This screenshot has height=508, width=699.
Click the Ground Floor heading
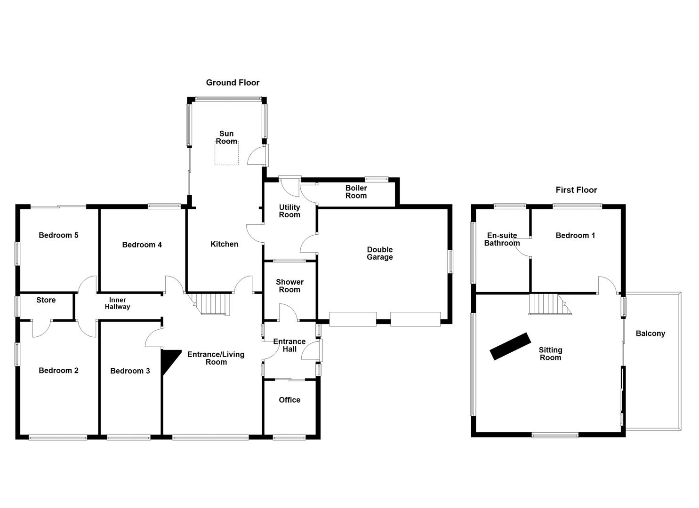point(233,83)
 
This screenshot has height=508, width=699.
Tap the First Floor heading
point(576,190)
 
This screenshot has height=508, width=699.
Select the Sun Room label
point(226,137)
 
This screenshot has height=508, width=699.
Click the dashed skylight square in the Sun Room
point(226,153)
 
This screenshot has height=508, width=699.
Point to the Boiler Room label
point(356,192)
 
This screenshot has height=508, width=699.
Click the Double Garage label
point(380,254)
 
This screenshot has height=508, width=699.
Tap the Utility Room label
point(289,211)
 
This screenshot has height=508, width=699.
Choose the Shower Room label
point(289,286)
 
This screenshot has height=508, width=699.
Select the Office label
point(289,400)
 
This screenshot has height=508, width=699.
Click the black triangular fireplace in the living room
point(169,359)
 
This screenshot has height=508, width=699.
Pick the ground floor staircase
point(214,304)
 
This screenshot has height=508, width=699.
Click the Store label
point(46,300)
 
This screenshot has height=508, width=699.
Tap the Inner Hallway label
point(117,303)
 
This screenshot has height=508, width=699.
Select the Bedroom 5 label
point(58,235)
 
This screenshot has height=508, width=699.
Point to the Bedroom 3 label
point(130,371)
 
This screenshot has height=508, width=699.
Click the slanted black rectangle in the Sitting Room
point(510,347)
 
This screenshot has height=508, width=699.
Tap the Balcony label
point(650,333)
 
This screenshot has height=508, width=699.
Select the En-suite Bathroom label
point(502,239)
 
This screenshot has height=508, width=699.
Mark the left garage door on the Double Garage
point(353,319)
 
